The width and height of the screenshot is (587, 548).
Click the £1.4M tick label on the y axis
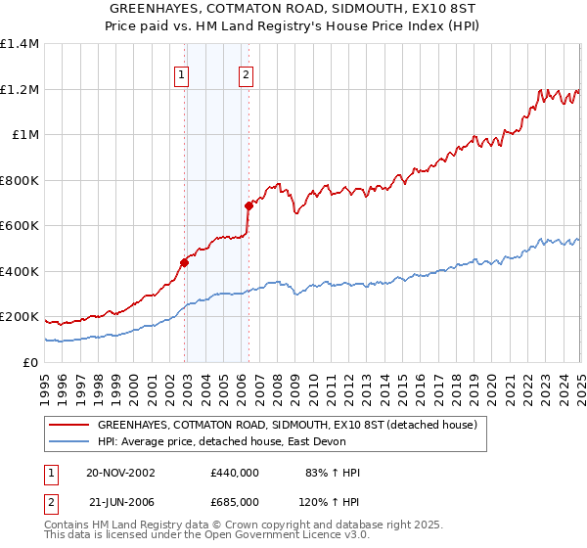coord(20,44)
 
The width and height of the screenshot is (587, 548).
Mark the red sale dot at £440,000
coord(184,262)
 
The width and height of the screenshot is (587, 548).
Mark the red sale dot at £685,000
coord(248,206)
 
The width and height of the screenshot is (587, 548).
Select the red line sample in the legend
coord(69,425)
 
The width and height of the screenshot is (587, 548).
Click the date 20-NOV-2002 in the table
coord(120,473)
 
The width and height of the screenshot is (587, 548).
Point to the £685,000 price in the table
coord(234,501)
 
